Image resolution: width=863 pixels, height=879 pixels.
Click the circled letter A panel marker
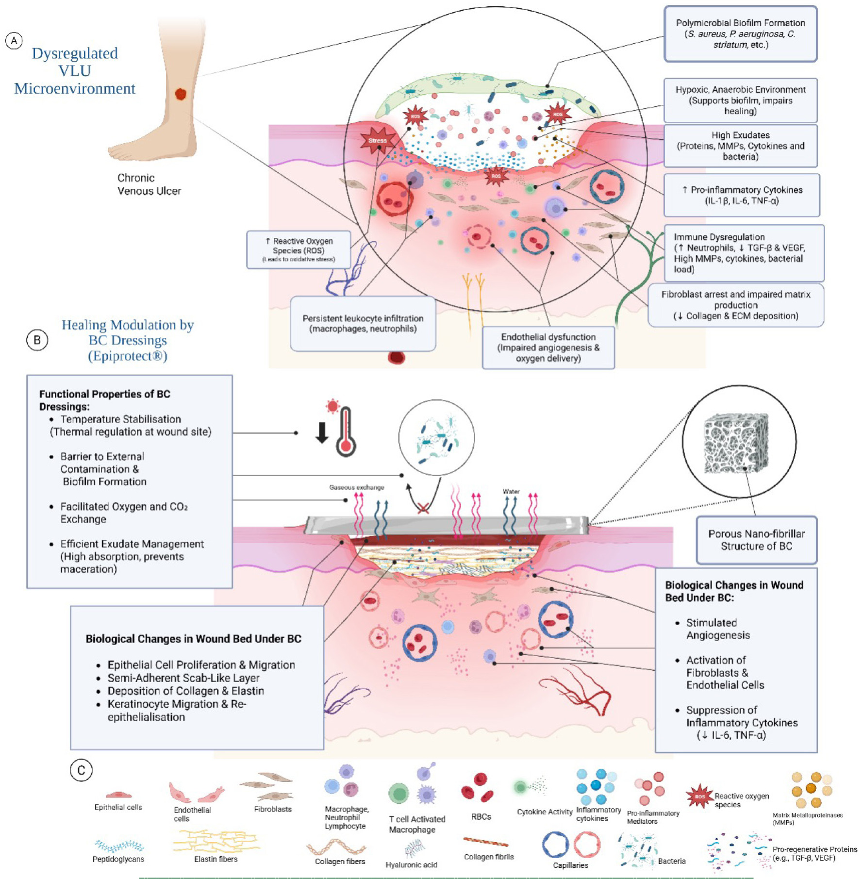tap(14, 41)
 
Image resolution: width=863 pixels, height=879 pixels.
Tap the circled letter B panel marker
tap(37, 340)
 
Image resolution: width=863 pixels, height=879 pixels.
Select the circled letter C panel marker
tap(81, 770)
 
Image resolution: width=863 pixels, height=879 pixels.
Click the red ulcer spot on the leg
tap(181, 94)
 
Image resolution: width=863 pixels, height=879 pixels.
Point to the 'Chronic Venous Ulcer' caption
tap(149, 184)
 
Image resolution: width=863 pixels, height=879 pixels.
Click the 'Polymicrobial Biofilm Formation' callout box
tap(740, 34)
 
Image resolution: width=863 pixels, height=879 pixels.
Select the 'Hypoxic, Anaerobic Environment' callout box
tap(740, 100)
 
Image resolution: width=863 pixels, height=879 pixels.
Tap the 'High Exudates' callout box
tap(740, 146)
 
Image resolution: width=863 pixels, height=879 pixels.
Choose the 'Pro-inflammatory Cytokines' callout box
tap(741, 195)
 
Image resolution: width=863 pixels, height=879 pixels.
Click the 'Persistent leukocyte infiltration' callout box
tap(363, 324)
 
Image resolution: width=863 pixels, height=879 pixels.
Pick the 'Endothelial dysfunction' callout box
tap(548, 348)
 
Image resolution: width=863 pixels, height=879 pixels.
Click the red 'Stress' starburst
tap(377, 140)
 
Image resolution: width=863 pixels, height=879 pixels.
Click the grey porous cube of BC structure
tap(736, 443)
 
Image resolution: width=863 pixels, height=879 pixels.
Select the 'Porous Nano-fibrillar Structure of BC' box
tap(756, 540)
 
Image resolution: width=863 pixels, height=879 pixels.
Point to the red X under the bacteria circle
tap(423, 508)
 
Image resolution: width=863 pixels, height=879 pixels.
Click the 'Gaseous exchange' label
tap(356, 487)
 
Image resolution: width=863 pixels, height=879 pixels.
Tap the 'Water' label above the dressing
tap(511, 492)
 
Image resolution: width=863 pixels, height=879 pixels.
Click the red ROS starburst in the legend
tap(699, 796)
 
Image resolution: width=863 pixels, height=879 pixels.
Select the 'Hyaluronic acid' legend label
tap(411, 865)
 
